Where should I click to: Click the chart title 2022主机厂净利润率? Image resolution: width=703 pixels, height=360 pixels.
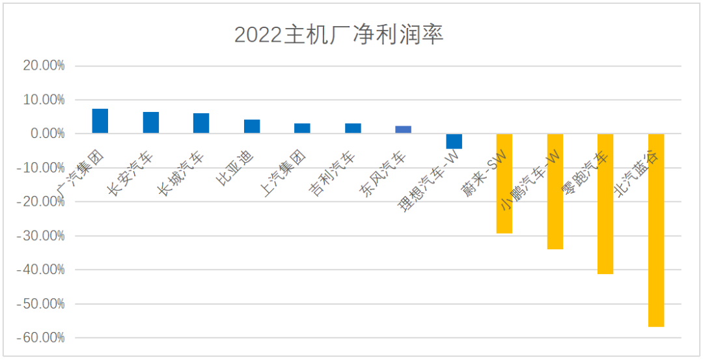pos(338,35)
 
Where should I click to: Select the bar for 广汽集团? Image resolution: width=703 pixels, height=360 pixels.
pos(100,121)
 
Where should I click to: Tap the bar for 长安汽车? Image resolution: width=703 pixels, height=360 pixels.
pos(151,122)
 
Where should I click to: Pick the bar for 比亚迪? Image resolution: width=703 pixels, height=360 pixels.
pos(252,126)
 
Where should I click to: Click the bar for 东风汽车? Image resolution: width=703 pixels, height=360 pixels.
pos(404,130)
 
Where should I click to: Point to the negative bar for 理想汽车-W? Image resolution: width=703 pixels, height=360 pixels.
pos(454,141)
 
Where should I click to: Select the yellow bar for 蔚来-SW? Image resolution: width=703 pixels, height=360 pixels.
pos(504,184)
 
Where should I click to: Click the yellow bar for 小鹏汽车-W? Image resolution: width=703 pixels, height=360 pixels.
pos(555,191)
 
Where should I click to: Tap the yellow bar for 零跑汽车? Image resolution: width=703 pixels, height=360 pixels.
pos(605,204)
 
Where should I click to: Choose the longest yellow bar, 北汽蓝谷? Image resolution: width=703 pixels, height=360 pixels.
pos(656,230)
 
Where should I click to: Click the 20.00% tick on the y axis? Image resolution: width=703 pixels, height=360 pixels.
pos(44,66)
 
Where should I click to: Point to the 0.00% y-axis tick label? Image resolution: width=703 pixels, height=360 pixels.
pos(46,133)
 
